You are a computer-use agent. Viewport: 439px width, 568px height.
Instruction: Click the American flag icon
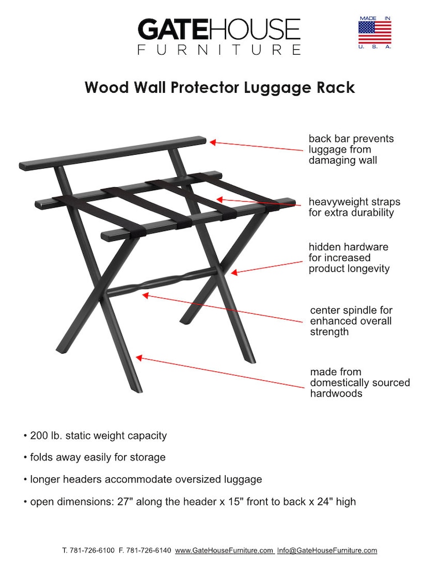[374, 32]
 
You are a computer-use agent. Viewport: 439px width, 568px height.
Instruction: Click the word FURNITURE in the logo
[218, 50]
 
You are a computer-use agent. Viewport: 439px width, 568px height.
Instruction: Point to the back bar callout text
[351, 149]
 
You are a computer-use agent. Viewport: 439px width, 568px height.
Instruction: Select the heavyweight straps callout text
[354, 207]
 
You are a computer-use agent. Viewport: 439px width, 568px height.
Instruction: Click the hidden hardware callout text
[349, 257]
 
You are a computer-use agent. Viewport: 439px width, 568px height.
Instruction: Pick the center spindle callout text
[351, 321]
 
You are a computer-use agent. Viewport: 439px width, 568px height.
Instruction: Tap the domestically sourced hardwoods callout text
[359, 382]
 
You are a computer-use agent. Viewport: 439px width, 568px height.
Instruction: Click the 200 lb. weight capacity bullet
[95, 435]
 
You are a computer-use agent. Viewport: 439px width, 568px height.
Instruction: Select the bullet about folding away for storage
[95, 457]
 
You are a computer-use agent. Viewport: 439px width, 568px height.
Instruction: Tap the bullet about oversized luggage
[143, 479]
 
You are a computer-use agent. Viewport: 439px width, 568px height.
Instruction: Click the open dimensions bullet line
[190, 502]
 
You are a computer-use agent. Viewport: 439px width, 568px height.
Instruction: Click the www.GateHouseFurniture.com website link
[224, 550]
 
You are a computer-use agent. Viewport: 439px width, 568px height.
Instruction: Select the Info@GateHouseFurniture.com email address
[327, 550]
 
